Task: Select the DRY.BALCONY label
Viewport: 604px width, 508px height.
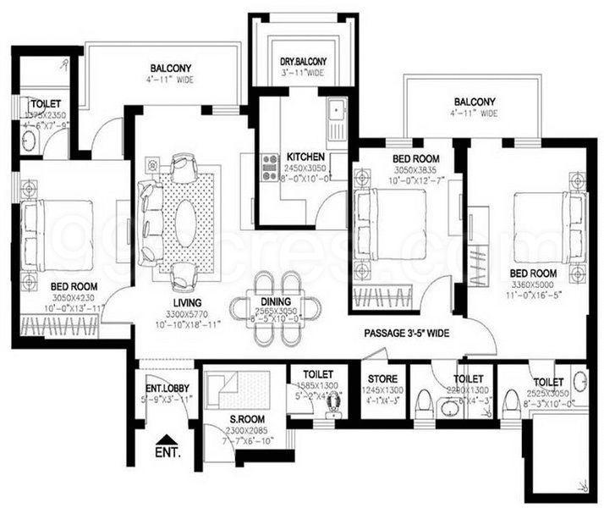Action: tap(303, 62)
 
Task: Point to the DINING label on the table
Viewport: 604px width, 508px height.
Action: tap(276, 301)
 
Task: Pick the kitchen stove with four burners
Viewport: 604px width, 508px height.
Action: tap(271, 166)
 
